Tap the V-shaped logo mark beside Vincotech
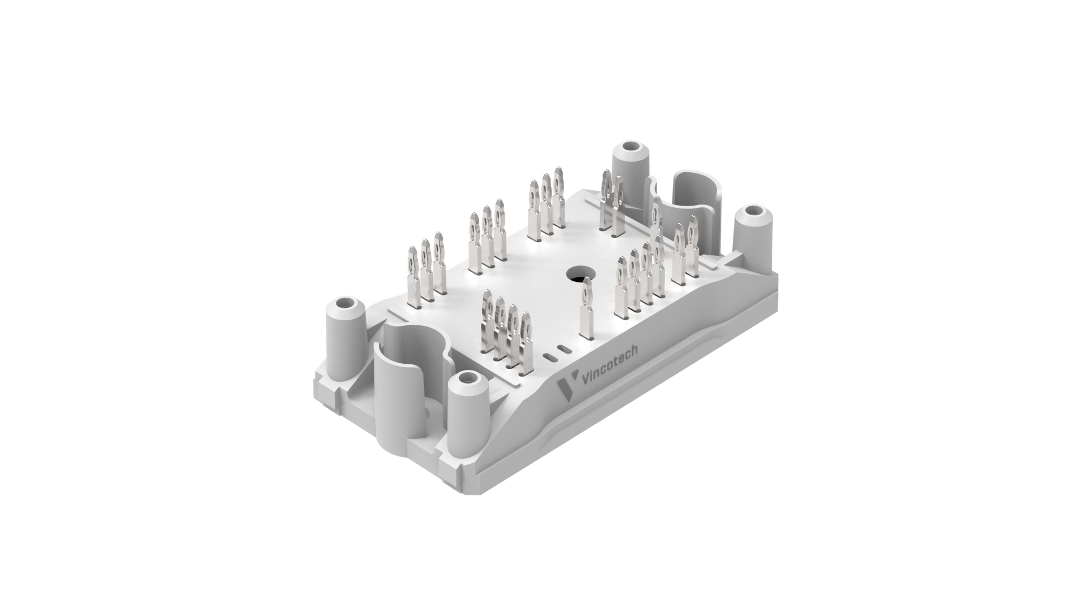pos(564,389)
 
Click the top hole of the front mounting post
pos(466,380)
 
